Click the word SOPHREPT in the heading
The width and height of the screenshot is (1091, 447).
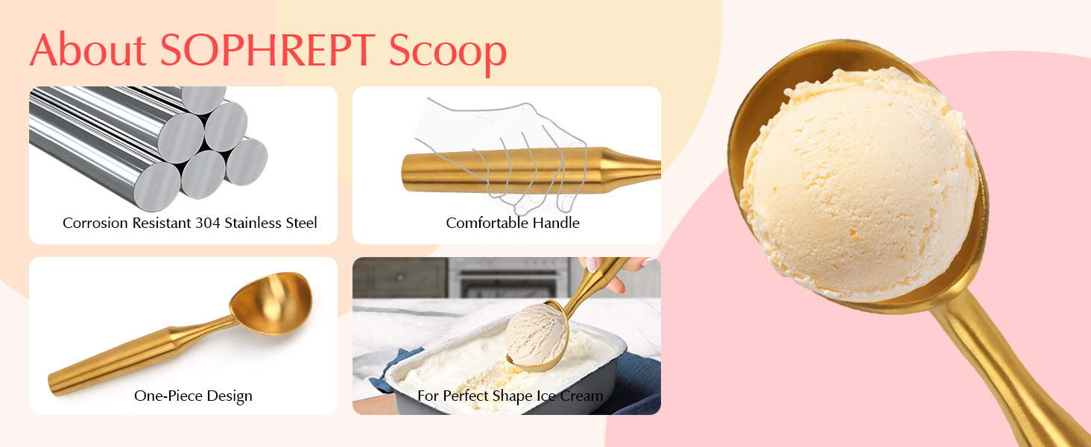click(x=268, y=51)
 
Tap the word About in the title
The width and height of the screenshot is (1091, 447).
click(x=88, y=51)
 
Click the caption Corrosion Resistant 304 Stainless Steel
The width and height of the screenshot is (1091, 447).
click(x=190, y=223)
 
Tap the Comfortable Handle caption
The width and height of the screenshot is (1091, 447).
click(x=513, y=223)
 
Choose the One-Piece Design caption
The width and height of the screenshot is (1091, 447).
click(x=193, y=396)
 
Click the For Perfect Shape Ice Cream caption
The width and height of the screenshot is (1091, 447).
click(x=510, y=396)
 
